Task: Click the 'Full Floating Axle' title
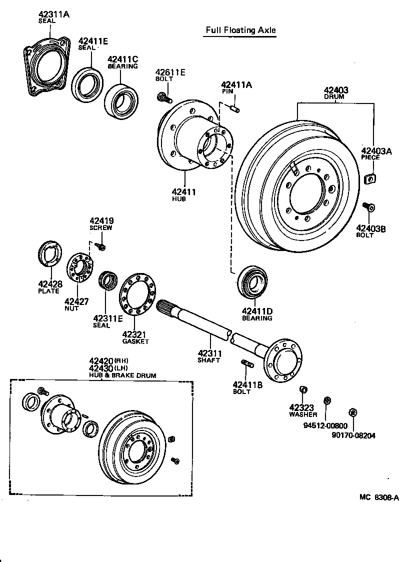pyautogui.click(x=241, y=30)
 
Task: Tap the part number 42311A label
pyautogui.click(x=53, y=14)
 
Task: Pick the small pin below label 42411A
pyautogui.click(x=234, y=107)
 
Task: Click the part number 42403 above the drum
pyautogui.click(x=334, y=90)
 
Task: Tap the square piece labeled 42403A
pyautogui.click(x=370, y=177)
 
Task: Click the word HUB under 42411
pyautogui.click(x=178, y=199)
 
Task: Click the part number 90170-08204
pyautogui.click(x=353, y=435)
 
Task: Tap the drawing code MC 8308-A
pyautogui.click(x=379, y=497)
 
